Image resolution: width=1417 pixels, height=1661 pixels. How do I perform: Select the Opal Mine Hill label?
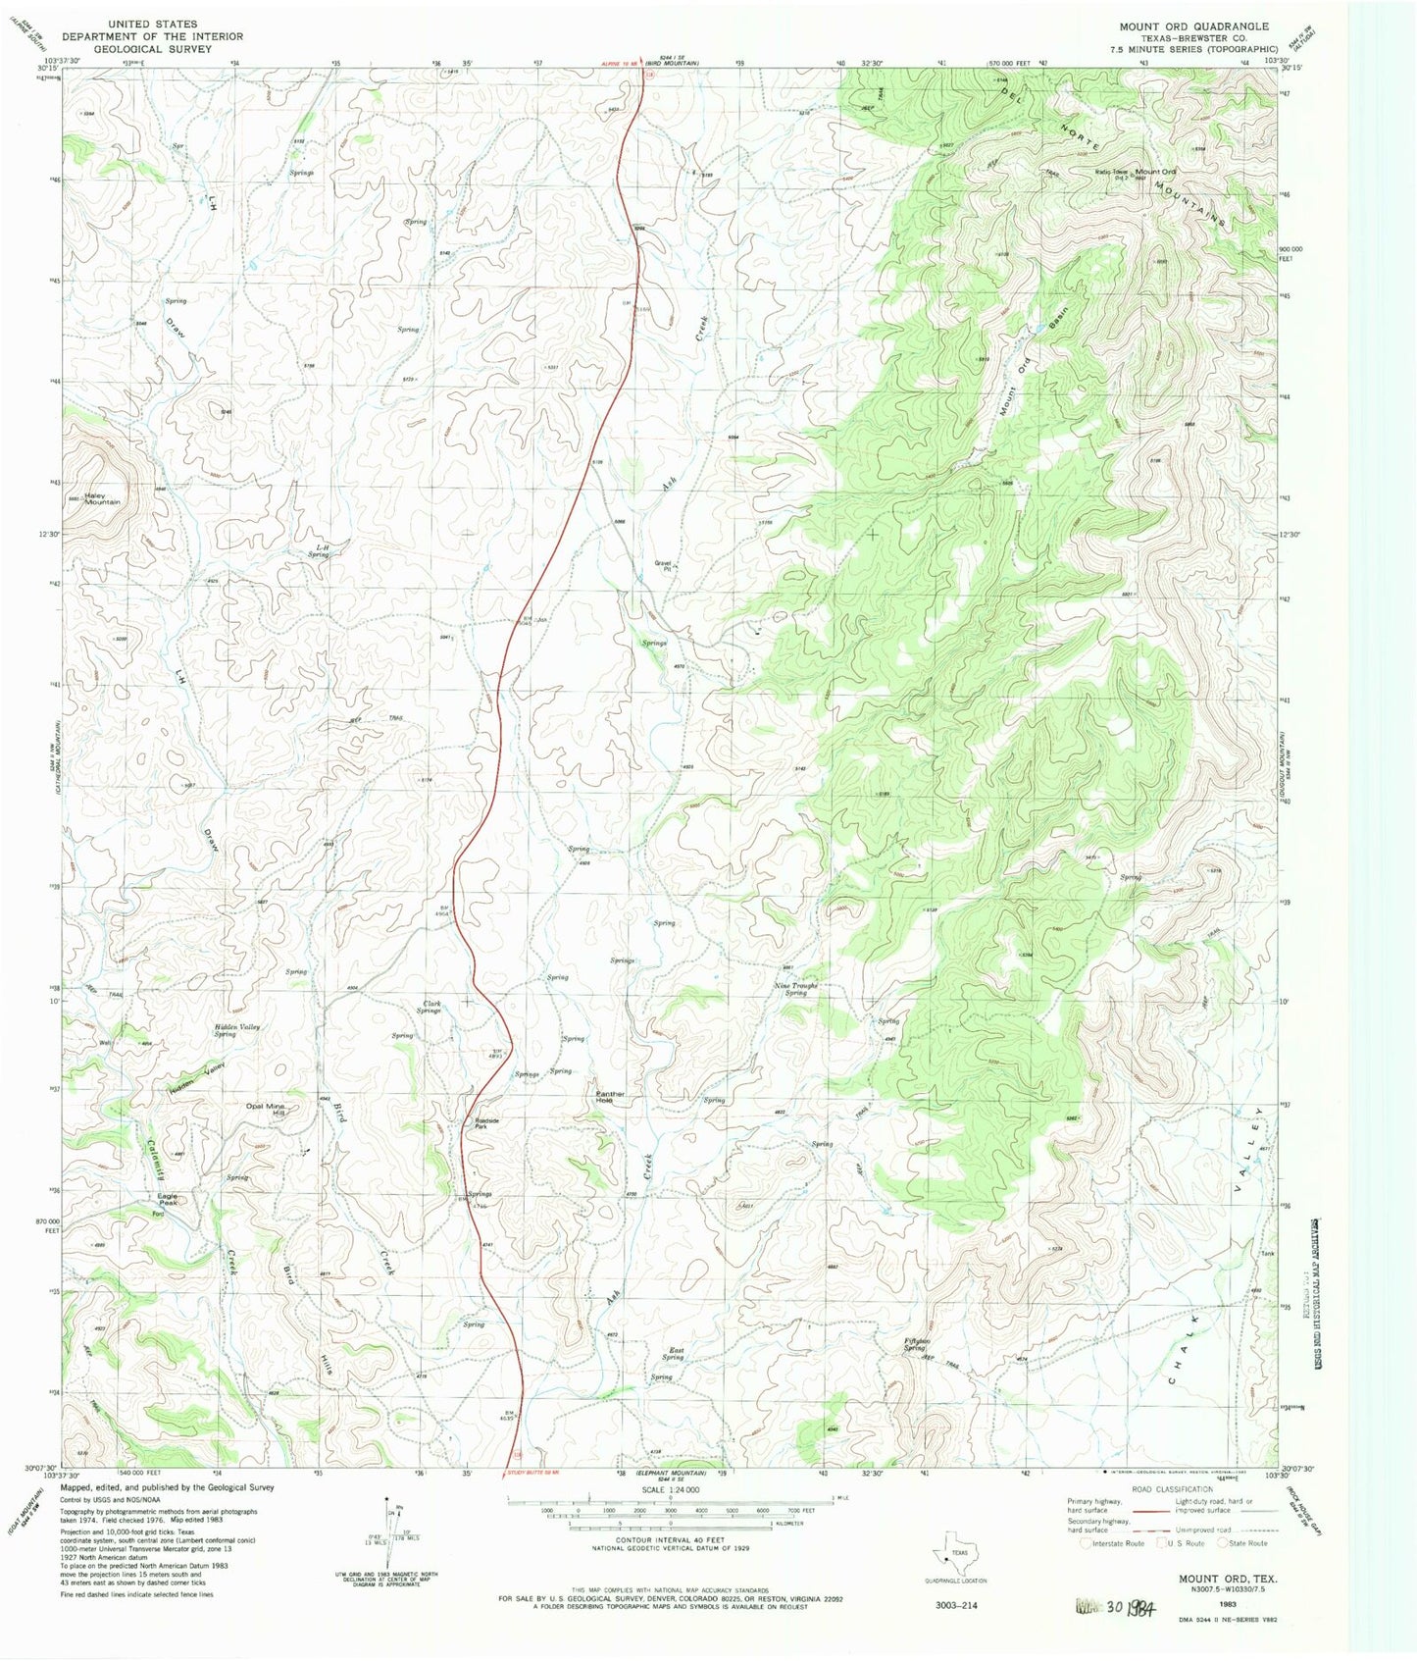[265, 1110]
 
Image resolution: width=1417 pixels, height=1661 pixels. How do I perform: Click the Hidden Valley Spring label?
[236, 1030]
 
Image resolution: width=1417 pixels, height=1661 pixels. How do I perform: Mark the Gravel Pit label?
[663, 566]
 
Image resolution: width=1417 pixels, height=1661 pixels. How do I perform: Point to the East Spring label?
[674, 1354]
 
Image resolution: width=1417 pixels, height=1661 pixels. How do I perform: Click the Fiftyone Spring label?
[914, 1345]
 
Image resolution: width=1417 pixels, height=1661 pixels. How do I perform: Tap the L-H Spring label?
[318, 551]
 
